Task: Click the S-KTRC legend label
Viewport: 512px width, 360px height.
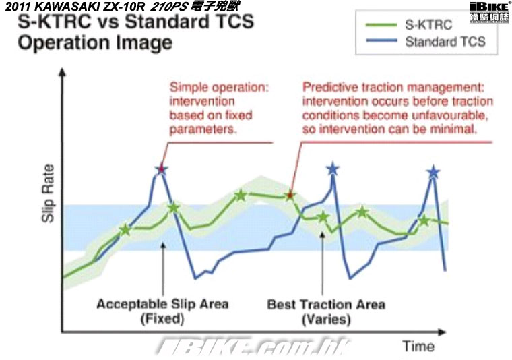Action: tap(428, 25)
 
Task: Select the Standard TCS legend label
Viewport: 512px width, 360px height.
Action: tap(445, 42)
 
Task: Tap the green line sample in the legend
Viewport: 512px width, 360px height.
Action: tap(381, 25)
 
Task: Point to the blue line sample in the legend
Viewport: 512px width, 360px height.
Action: tap(381, 41)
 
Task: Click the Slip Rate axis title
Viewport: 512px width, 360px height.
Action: tap(48, 193)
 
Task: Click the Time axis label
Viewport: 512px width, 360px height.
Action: tap(418, 346)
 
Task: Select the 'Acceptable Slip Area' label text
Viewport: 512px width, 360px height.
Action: tap(162, 304)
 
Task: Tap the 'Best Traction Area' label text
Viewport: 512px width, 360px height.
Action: tap(326, 305)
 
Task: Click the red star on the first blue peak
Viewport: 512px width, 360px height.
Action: tap(161, 169)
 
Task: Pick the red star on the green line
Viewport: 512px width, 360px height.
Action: tap(290, 196)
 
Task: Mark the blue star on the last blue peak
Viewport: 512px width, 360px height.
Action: tap(433, 172)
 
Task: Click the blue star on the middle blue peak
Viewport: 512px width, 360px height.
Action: tap(333, 169)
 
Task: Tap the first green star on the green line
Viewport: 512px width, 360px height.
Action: tap(125, 230)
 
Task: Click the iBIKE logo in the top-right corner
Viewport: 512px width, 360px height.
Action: tap(489, 12)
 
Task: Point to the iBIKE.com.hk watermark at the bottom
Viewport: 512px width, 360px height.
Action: tap(253, 348)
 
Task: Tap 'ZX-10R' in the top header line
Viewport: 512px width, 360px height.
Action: tap(126, 7)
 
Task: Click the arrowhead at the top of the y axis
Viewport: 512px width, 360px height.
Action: tap(62, 72)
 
